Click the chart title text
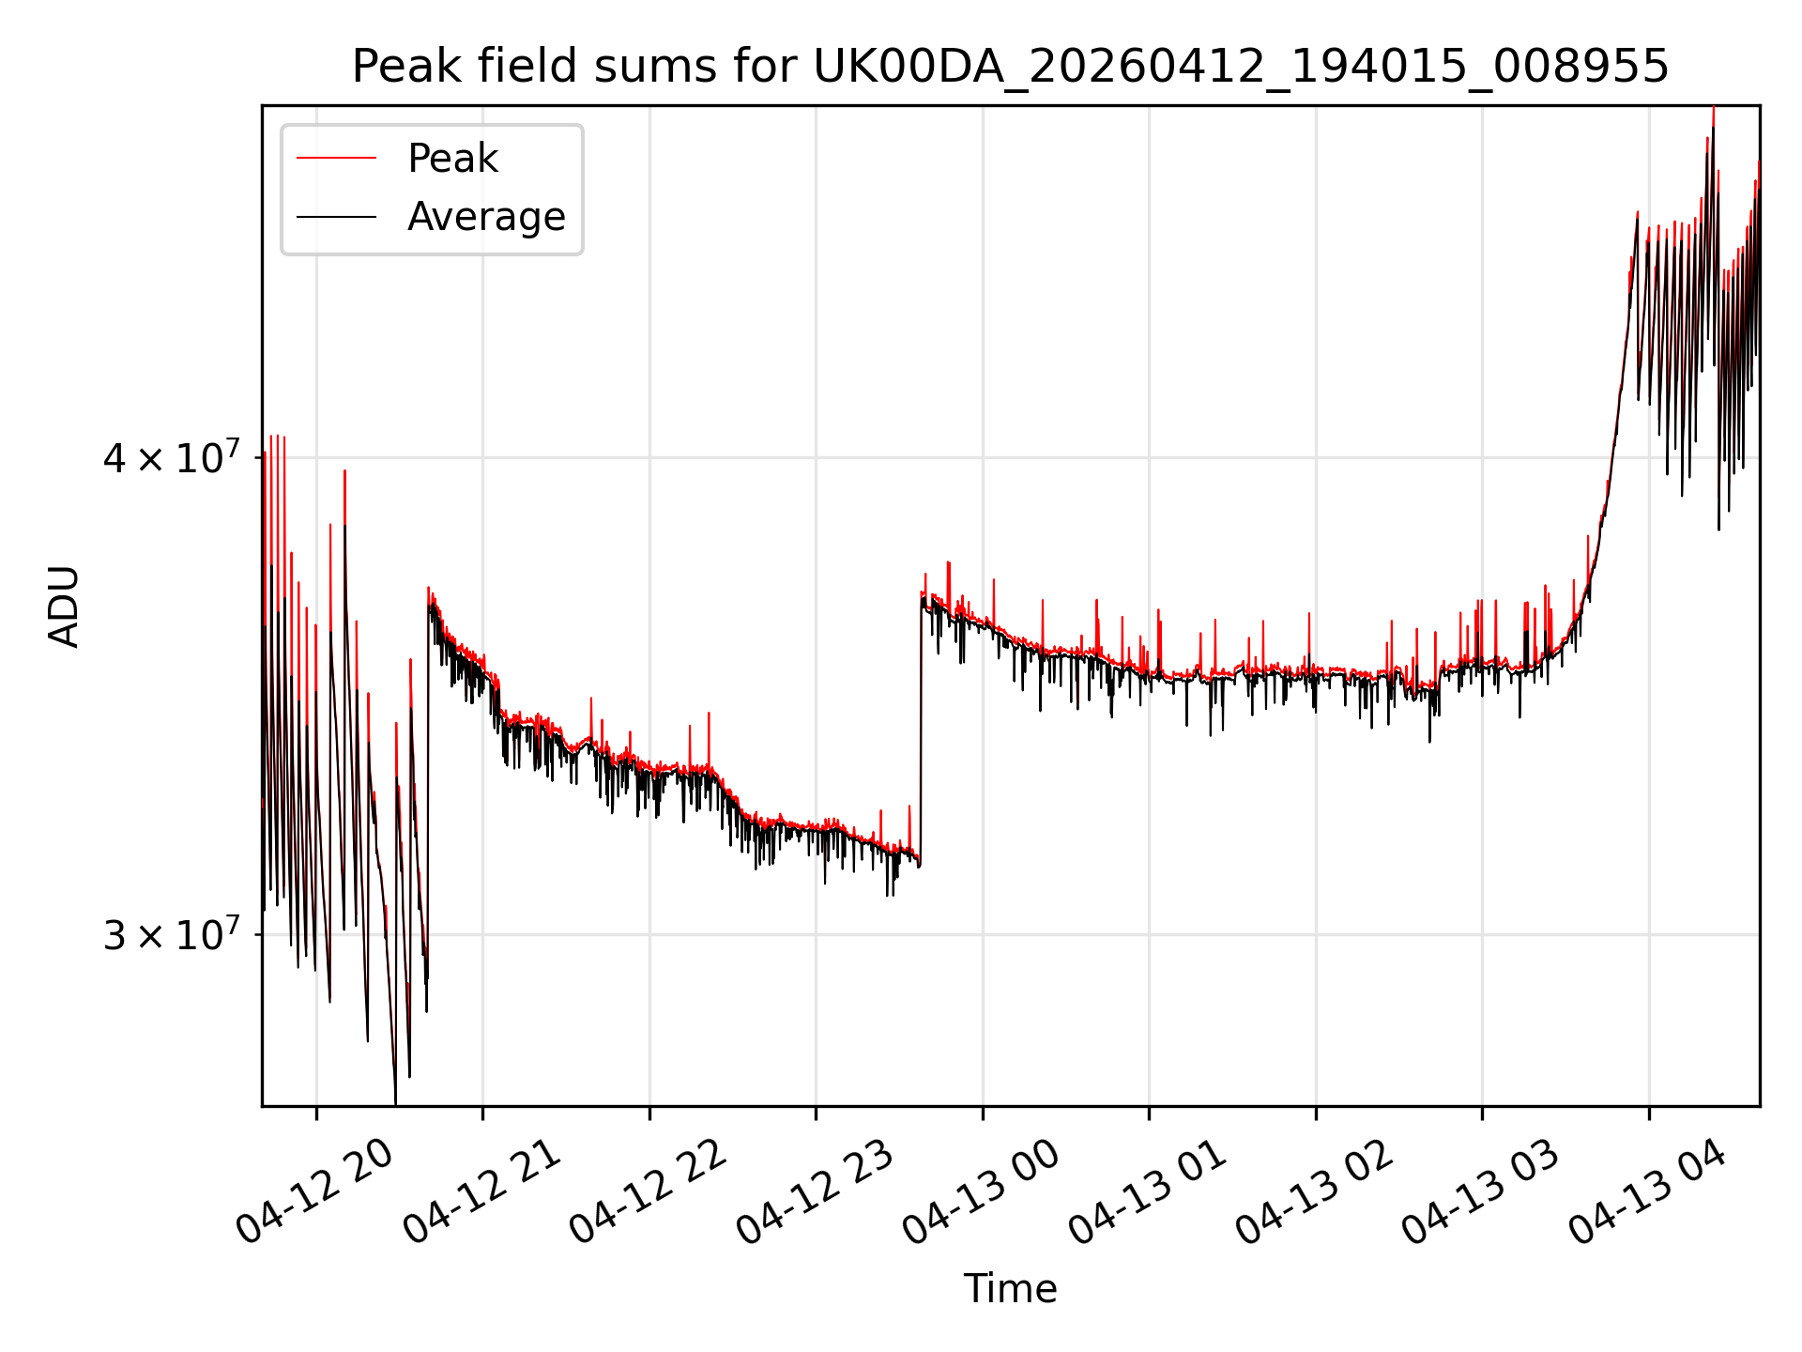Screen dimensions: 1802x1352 click(x=1010, y=67)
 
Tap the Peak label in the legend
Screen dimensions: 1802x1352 click(x=452, y=159)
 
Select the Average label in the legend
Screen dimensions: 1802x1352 click(x=486, y=217)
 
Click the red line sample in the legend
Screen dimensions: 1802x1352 click(x=337, y=159)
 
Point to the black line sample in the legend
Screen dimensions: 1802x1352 click(x=337, y=217)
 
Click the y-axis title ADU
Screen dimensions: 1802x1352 click(x=65, y=606)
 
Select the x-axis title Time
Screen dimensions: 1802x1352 click(x=1010, y=1289)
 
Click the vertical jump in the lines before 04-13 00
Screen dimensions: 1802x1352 click(x=921, y=728)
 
